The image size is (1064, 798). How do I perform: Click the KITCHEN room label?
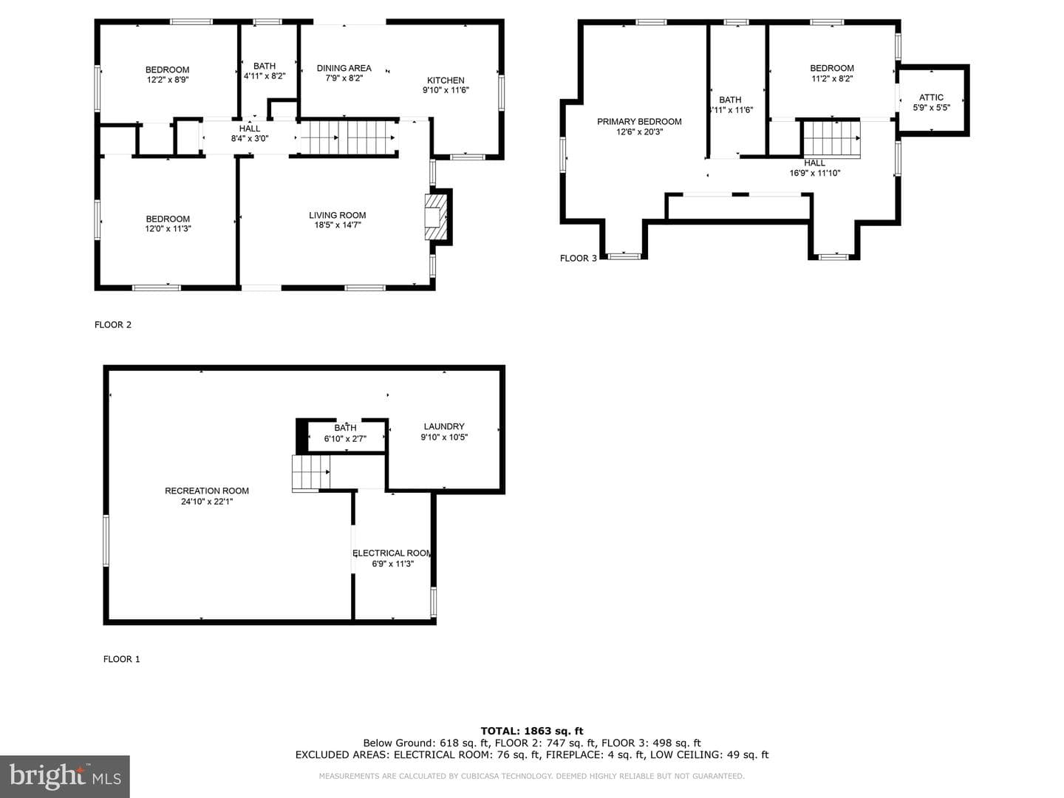(446, 81)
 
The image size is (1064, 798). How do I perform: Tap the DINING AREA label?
(344, 68)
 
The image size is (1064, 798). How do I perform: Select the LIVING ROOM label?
(338, 215)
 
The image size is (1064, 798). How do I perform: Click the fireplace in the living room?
(436, 216)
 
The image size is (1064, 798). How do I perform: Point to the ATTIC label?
(931, 98)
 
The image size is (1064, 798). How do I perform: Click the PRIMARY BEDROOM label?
(639, 122)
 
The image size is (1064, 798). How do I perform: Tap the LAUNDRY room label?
(444, 426)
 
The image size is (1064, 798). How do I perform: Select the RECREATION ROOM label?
(207, 491)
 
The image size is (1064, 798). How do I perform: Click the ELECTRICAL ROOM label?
(392, 553)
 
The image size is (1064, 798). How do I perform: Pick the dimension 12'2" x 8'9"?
(168, 80)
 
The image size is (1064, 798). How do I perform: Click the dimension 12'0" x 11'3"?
(168, 229)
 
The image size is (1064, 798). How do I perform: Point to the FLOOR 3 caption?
(579, 259)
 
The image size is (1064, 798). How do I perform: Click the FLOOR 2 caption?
(113, 324)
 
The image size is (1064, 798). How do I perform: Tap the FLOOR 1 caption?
(122, 659)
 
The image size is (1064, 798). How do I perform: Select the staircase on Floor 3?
(832, 140)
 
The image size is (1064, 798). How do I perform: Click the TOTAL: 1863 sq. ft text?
(532, 731)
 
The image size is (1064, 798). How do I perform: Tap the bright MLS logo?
(65, 777)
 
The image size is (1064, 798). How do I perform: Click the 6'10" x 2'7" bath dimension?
(345, 439)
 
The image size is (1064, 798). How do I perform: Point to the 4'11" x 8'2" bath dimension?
(265, 76)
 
